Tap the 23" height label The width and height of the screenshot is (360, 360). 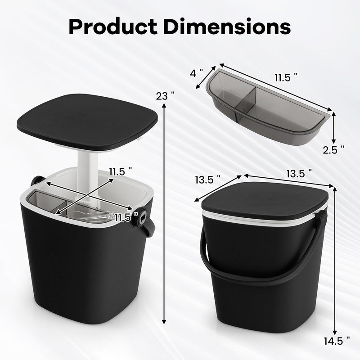click(x=165, y=96)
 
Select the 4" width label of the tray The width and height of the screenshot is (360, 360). click(x=196, y=73)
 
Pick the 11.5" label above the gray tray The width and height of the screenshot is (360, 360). click(x=286, y=77)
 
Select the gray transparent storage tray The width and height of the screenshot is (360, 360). click(x=265, y=108)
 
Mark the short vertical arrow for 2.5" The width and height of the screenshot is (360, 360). click(x=334, y=128)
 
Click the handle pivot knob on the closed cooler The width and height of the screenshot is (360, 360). click(x=321, y=219)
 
